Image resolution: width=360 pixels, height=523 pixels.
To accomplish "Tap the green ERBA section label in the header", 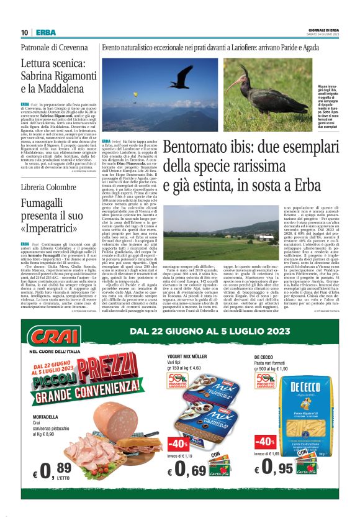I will pyautogui.click(x=43, y=32).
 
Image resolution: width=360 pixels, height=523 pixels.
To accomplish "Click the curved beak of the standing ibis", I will pyautogui.click(x=233, y=83).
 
